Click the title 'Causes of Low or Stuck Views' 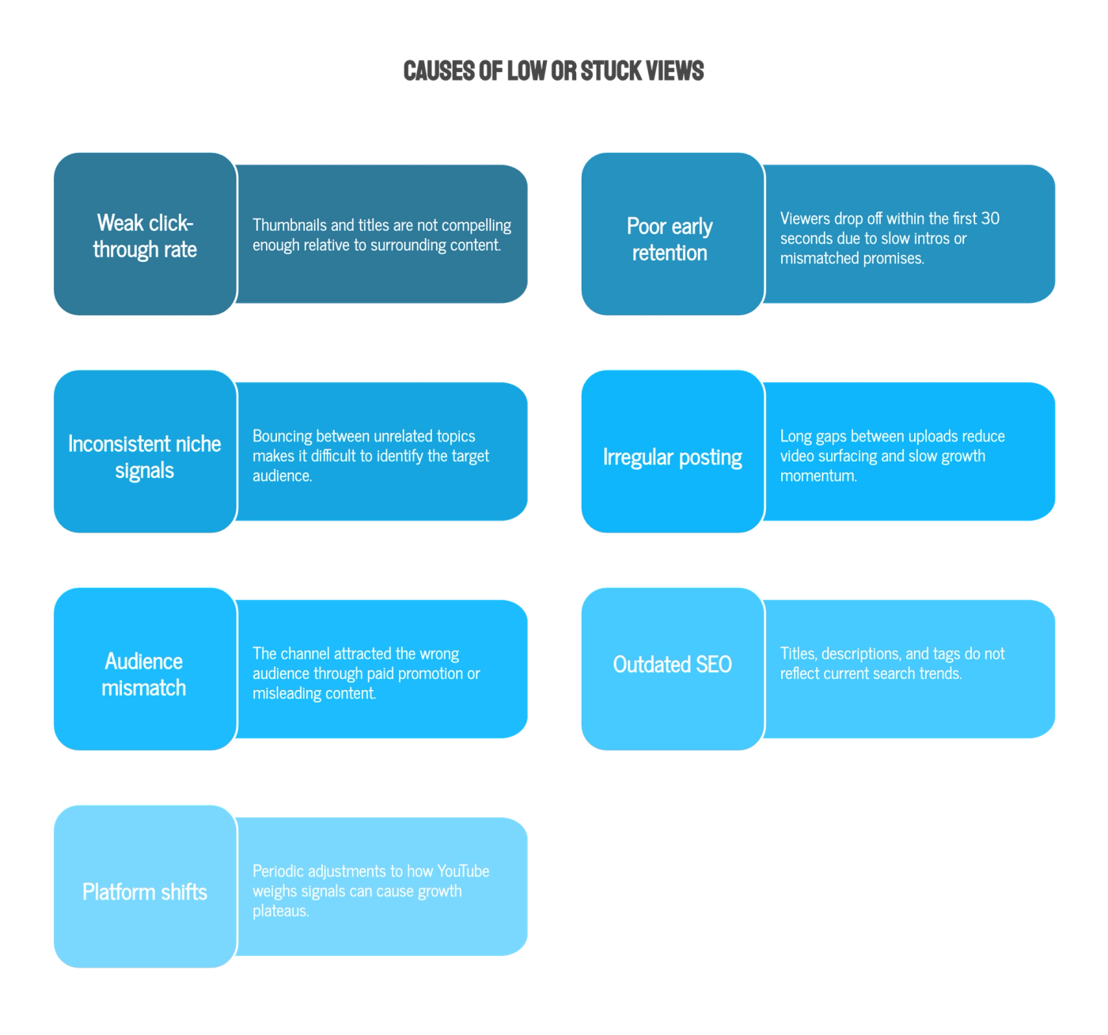point(553,71)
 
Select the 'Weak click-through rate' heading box point(145,233)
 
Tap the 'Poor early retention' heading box point(672,233)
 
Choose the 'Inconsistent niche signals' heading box point(145,451)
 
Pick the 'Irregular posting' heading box point(672,451)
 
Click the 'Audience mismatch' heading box point(145,669)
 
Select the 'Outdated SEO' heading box point(672,669)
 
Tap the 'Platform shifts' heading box point(145,886)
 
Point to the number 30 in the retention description point(990,218)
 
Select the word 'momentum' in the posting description point(818,476)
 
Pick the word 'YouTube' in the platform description point(463,871)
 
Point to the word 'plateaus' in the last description point(281,911)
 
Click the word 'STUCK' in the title point(611,71)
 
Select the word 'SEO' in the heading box point(714,665)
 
